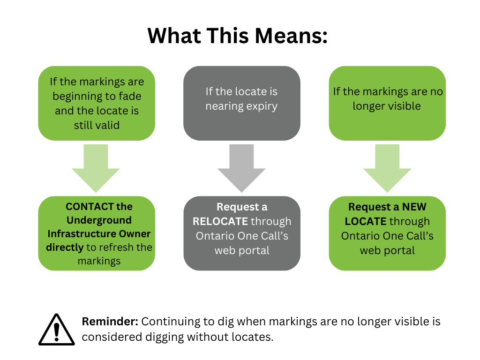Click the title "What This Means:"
click(238, 35)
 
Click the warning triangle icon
click(56, 330)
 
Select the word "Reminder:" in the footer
click(110, 322)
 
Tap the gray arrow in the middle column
click(242, 167)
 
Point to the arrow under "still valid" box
click(96, 167)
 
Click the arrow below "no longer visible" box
click(387, 167)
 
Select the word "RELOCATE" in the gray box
click(220, 221)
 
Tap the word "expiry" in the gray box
click(261, 106)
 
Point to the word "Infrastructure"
click(79, 233)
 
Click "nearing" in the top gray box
click(223, 106)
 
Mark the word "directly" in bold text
click(65, 247)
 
